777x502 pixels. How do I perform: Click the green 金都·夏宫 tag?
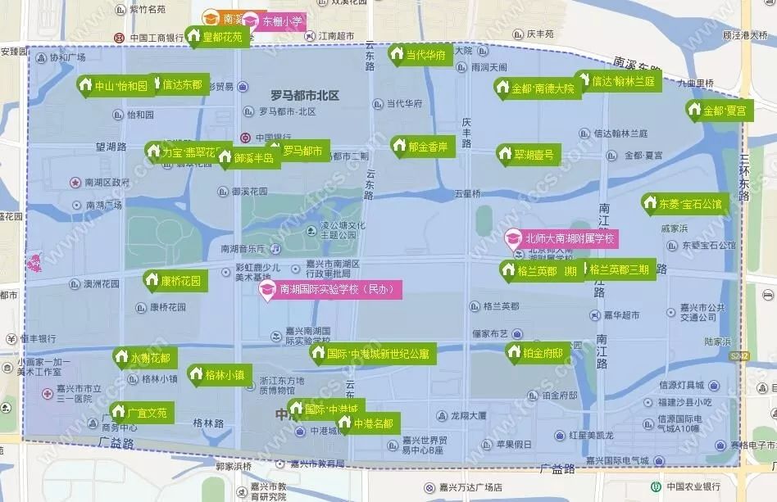(719, 110)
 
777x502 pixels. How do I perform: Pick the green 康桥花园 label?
(174, 281)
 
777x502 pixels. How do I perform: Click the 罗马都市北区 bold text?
(304, 96)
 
